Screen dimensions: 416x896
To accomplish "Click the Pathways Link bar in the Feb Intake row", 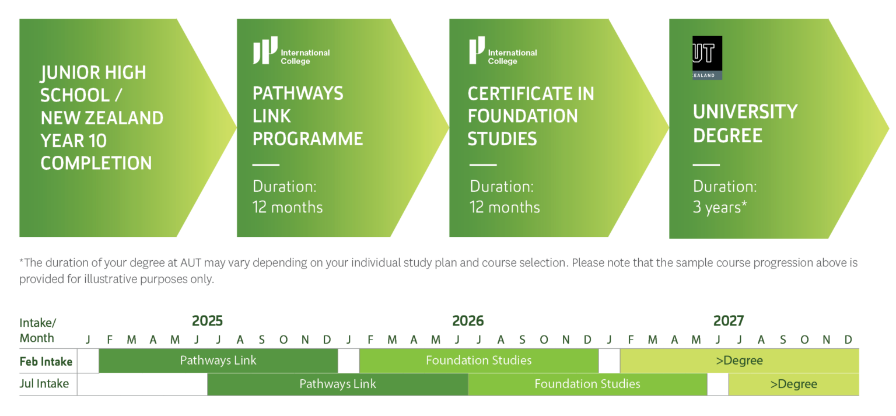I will [x=218, y=361].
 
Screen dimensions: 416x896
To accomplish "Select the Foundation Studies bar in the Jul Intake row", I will [x=587, y=384].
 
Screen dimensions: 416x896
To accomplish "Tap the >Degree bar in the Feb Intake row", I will [x=739, y=361].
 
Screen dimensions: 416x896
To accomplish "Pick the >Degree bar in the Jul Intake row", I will [x=793, y=384].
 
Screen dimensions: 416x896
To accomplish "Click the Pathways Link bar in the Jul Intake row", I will [x=337, y=384].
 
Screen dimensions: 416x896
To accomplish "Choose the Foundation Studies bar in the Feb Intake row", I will [x=478, y=361].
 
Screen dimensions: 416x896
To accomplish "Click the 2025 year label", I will [x=207, y=321].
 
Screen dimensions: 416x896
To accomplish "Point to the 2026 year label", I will [x=468, y=321].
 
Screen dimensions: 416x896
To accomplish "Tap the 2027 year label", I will [x=729, y=321].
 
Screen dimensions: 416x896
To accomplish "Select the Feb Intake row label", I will [x=46, y=362].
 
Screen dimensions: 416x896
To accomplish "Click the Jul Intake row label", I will [x=44, y=384].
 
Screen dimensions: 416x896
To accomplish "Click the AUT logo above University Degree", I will [x=707, y=58].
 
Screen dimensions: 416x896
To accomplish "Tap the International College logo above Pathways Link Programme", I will [x=291, y=51].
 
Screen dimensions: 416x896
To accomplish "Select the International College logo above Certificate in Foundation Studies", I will [x=502, y=51].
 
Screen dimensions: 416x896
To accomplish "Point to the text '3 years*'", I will [x=720, y=208].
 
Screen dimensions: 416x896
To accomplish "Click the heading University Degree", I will [x=745, y=123].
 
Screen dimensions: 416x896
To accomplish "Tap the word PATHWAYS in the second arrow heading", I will [x=297, y=94].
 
